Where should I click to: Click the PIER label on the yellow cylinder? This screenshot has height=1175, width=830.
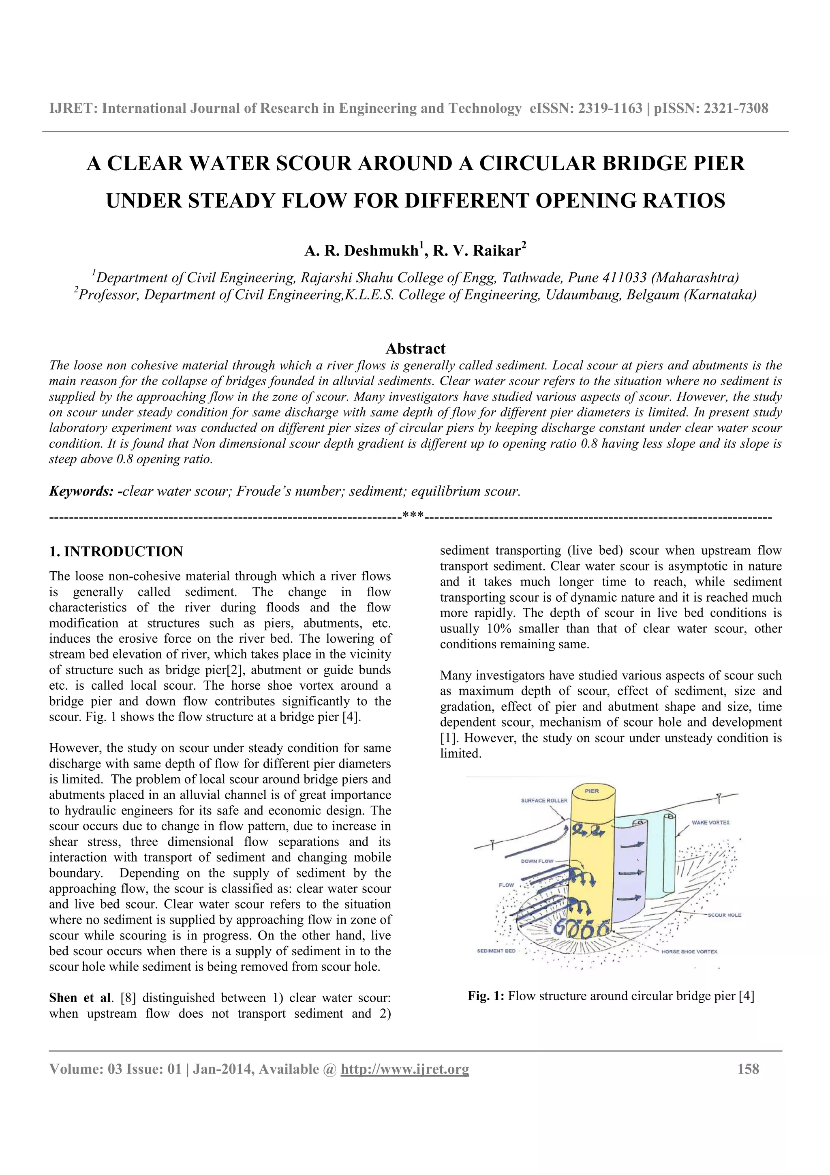[x=592, y=791]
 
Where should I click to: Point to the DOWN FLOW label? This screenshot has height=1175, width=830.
[x=537, y=861]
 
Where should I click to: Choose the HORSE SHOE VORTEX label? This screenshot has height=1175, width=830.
[x=689, y=951]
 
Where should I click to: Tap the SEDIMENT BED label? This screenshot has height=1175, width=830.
[x=496, y=951]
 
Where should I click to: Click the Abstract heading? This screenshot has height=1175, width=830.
[x=415, y=349]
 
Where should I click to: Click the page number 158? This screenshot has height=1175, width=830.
[x=748, y=1069]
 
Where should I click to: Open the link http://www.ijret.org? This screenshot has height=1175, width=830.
[x=404, y=1069]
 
